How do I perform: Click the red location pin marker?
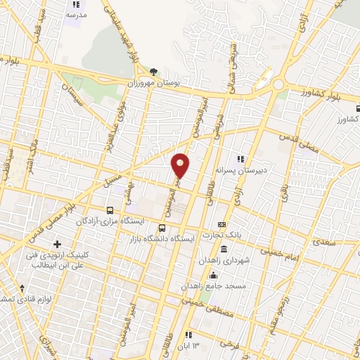181,166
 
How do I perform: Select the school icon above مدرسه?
76,4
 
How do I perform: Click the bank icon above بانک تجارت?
221,224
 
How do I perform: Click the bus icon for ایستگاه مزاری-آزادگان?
110,210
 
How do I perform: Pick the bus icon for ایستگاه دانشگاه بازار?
162,228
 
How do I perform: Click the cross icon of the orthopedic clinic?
58,244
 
